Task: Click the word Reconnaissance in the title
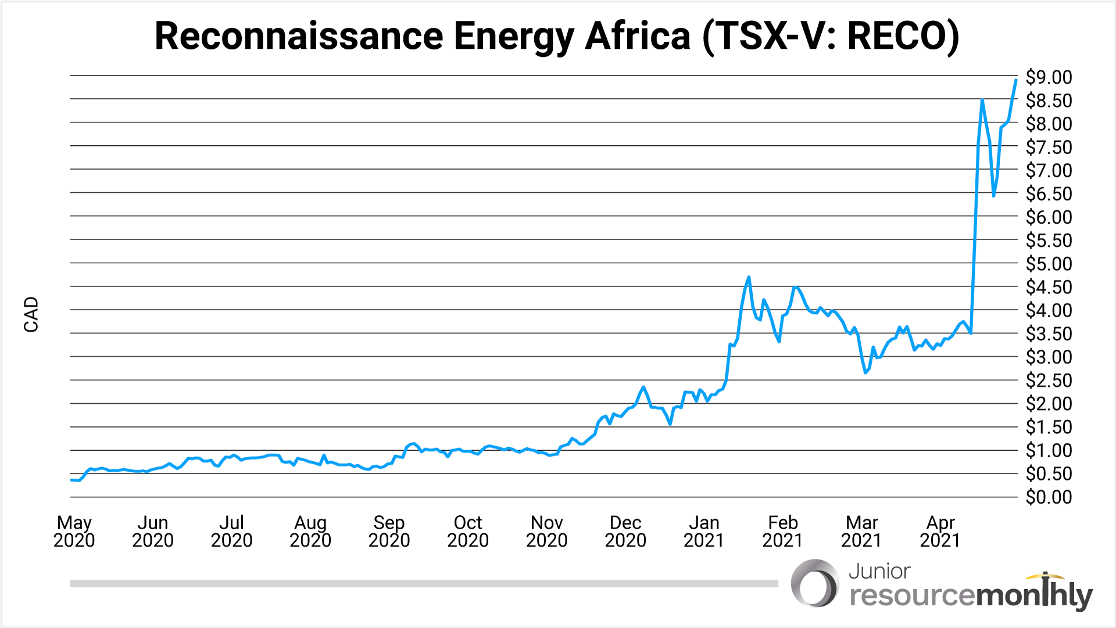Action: tap(299, 36)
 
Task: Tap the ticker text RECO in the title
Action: tap(897, 36)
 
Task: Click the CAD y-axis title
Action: tap(31, 314)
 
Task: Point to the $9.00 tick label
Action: tap(1049, 77)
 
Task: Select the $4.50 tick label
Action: tap(1049, 287)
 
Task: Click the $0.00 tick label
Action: tap(1049, 497)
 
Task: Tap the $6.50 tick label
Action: tap(1049, 194)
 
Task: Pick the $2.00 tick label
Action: tap(1049, 404)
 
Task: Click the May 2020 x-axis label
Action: tap(74, 532)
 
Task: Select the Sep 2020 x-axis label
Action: tap(389, 532)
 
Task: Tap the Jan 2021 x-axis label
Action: tap(704, 532)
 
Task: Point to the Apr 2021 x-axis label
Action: tap(940, 532)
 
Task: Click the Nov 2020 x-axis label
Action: tap(546, 532)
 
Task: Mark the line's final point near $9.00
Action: tap(1015, 80)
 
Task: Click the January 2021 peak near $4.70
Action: tap(749, 277)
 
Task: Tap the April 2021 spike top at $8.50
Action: tap(982, 101)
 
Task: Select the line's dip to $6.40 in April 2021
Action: tap(994, 196)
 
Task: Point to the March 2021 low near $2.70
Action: tap(865, 372)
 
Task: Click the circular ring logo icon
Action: tap(815, 583)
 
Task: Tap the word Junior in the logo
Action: tap(879, 572)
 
